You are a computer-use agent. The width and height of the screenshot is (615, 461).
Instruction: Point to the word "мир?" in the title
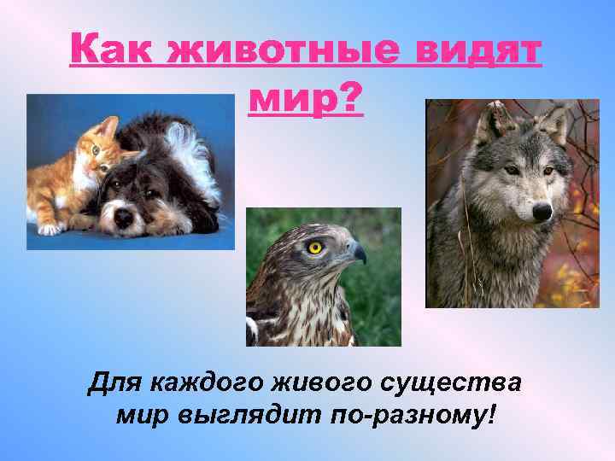coord(306,101)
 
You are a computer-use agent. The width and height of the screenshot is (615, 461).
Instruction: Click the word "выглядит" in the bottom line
coord(249,418)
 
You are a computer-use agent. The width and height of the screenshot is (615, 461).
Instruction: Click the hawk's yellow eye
coord(316,248)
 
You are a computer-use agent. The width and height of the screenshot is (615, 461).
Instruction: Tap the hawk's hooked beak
coord(357,253)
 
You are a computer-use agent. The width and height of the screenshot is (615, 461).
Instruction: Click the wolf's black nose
coord(541,209)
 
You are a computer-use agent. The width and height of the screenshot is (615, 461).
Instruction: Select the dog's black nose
coord(125,216)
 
